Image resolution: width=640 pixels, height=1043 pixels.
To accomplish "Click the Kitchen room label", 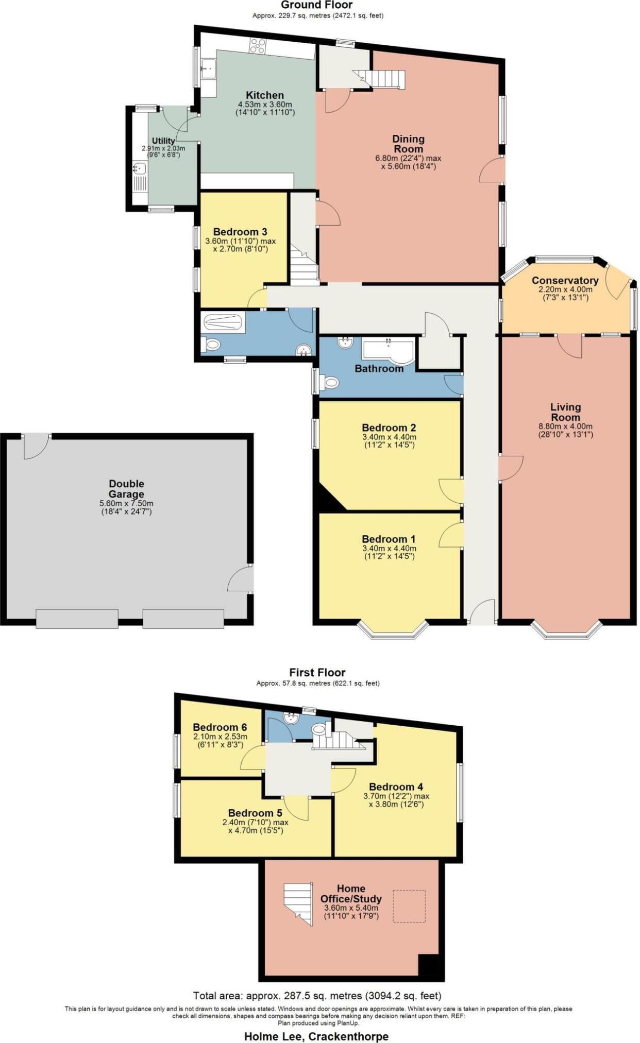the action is point(264,95).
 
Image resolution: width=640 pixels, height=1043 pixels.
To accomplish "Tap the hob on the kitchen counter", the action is point(257,46).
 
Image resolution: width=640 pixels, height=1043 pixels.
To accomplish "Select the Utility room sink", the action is point(139,168).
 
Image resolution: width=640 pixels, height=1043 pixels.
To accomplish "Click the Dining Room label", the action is point(408,144).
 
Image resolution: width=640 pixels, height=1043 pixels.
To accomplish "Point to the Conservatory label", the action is point(565,281).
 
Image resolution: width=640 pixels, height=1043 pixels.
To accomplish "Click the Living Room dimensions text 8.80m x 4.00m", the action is point(565,426).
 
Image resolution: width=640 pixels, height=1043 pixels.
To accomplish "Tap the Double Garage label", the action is point(126,489).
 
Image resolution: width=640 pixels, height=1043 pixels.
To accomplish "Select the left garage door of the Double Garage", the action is point(77,619).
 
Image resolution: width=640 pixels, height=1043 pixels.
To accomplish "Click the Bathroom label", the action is point(379,368).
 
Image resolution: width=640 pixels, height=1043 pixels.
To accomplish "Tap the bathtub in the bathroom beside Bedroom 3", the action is point(223,323).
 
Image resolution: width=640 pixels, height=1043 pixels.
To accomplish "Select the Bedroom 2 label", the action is point(389,428).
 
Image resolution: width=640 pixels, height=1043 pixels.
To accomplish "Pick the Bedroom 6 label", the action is point(220,727).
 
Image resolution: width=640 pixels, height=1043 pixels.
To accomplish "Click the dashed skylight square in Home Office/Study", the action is point(410,906).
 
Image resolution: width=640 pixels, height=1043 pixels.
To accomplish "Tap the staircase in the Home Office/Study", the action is point(298,904).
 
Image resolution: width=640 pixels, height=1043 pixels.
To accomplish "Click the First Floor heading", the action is point(317,672).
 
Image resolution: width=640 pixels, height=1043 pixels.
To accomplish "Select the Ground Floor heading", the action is point(317,5).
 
